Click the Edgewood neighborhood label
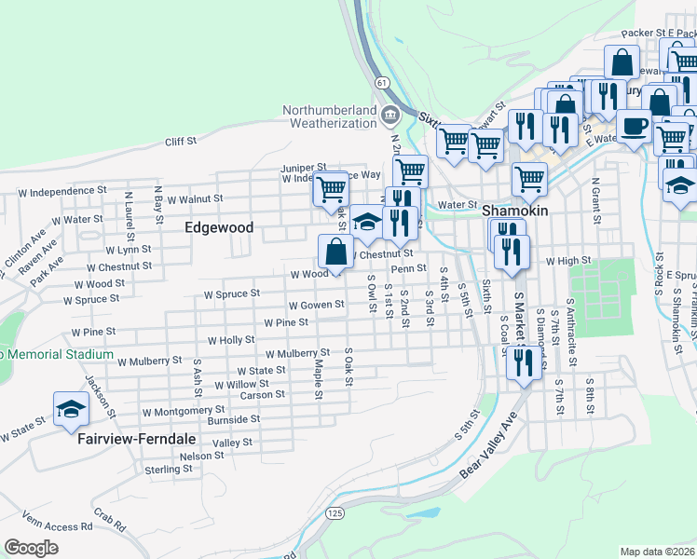[193, 227]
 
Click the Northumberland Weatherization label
[331, 116]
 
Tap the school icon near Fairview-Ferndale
[71, 410]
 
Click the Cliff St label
[181, 142]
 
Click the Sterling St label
[168, 470]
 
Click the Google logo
[31, 548]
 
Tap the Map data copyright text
[657, 552]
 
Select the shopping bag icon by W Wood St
[336, 252]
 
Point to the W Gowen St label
[317, 306]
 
